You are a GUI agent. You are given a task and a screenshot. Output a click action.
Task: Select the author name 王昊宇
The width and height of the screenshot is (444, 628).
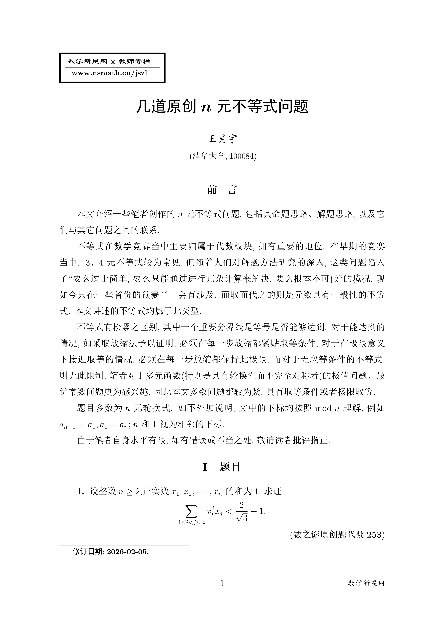[x=222, y=139]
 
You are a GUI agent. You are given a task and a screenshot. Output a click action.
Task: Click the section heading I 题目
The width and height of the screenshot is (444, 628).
[x=222, y=467]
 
